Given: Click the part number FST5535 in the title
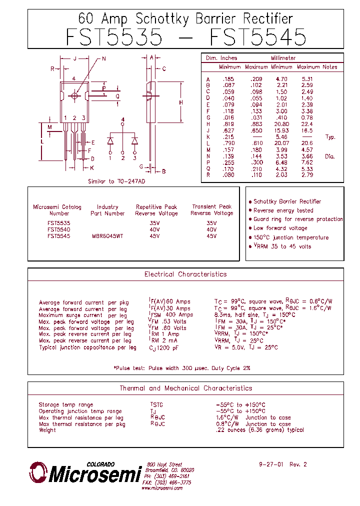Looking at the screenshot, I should [114, 37].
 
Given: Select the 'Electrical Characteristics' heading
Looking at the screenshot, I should [185, 274].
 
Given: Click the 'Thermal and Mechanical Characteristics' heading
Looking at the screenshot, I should [185, 388].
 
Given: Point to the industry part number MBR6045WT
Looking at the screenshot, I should [107, 236].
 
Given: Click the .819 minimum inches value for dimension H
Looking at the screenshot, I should [228, 124].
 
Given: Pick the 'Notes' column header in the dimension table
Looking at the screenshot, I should [330, 67].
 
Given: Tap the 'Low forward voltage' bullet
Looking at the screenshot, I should [280, 228].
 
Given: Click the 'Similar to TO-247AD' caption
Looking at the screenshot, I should [116, 181].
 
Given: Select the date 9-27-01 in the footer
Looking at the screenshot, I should [271, 464].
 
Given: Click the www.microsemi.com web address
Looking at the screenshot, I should [161, 488].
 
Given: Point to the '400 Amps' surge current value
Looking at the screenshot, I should [179, 315].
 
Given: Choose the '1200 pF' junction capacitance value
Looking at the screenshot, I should [168, 348].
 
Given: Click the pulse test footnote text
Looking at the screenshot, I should [182, 368].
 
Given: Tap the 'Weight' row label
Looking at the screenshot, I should [47, 430].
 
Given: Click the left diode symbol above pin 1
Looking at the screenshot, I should [110, 141].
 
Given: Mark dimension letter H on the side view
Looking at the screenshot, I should [181, 102].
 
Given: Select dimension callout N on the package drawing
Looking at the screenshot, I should [104, 59].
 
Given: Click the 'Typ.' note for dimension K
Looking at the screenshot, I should [330, 137].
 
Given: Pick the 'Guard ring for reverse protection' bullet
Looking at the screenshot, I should [298, 219].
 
